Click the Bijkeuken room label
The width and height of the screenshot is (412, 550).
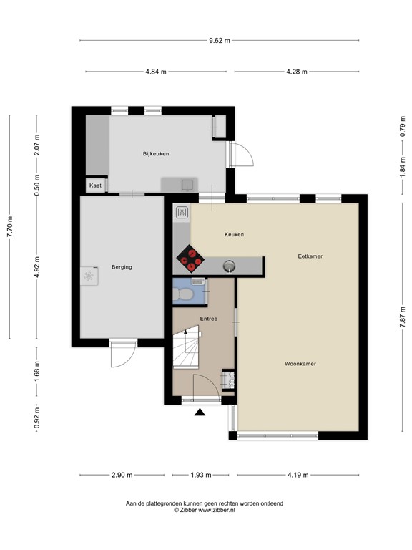(155, 154)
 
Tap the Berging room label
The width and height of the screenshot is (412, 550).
(122, 267)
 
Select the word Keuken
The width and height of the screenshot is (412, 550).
(234, 234)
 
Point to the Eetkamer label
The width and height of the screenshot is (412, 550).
(311, 256)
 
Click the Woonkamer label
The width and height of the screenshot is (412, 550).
(300, 364)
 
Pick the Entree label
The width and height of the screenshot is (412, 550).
(208, 319)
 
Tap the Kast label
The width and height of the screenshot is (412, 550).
(95, 185)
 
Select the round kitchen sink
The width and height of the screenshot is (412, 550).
(228, 266)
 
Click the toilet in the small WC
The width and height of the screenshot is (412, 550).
(185, 294)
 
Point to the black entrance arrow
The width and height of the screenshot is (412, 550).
(200, 412)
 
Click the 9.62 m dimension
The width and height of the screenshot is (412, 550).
(220, 41)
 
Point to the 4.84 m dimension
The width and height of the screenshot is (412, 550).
(156, 72)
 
